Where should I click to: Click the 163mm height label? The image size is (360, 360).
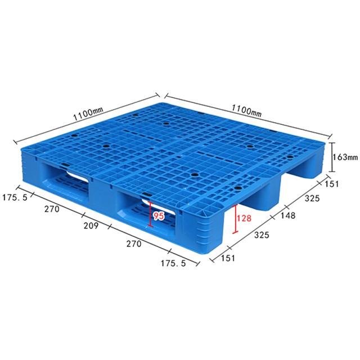[345, 157]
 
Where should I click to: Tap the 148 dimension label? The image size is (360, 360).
[288, 215]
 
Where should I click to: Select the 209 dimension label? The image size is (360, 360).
[91, 226]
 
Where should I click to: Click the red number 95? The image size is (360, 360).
[159, 216]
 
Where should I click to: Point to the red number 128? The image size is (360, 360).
[244, 218]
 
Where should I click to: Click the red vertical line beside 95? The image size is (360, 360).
[150, 214]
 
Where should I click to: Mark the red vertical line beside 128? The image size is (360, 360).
[235, 219]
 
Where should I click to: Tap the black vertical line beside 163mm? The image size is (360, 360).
[331, 157]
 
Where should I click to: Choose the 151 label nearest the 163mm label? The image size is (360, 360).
[331, 184]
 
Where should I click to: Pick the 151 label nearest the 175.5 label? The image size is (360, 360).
[228, 258]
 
